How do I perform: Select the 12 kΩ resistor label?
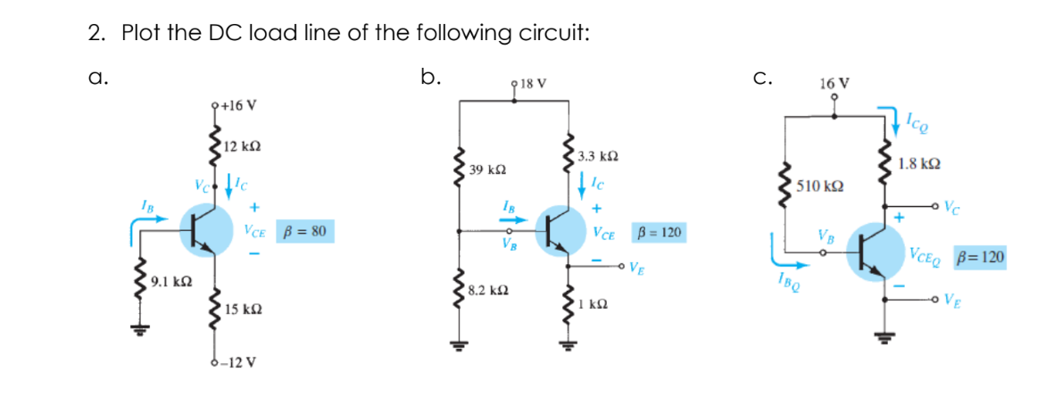(242, 145)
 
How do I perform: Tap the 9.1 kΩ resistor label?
(169, 282)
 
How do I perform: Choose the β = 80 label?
(304, 232)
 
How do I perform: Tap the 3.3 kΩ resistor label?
(597, 155)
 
